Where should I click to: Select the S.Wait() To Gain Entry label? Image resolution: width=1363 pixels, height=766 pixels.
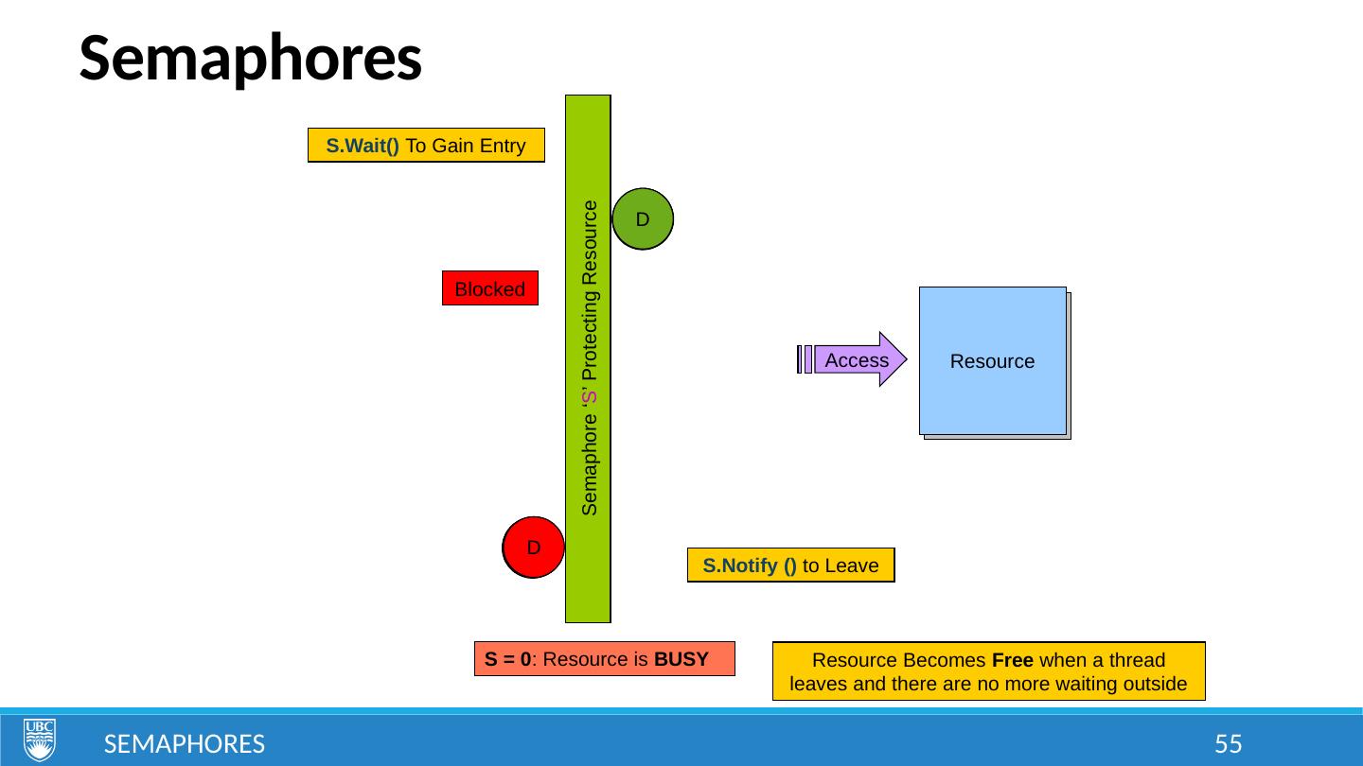click(x=426, y=146)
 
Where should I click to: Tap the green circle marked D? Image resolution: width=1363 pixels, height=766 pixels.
click(x=643, y=219)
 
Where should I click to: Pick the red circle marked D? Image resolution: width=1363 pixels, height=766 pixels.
click(x=534, y=548)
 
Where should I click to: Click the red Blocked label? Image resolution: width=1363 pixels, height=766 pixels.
click(x=489, y=289)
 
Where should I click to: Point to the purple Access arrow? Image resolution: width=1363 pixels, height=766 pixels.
click(x=857, y=360)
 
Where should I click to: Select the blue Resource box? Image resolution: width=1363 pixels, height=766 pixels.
click(x=992, y=361)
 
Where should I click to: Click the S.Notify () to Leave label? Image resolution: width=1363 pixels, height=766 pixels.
click(x=790, y=566)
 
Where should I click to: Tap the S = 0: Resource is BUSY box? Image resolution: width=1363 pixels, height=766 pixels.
click(x=604, y=659)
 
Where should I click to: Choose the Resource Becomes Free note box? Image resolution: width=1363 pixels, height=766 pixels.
click(x=988, y=671)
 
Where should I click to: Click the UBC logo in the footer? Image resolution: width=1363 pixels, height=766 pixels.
click(x=40, y=740)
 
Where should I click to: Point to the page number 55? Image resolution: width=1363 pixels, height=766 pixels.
click(x=1228, y=744)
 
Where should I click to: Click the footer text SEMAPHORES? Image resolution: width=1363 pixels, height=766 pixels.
click(x=184, y=744)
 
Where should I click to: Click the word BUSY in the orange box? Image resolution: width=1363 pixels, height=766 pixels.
click(x=681, y=659)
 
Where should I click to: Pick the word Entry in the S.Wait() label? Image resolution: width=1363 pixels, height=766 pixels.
click(x=503, y=146)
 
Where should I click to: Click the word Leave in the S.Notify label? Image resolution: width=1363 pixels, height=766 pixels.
click(x=855, y=566)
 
